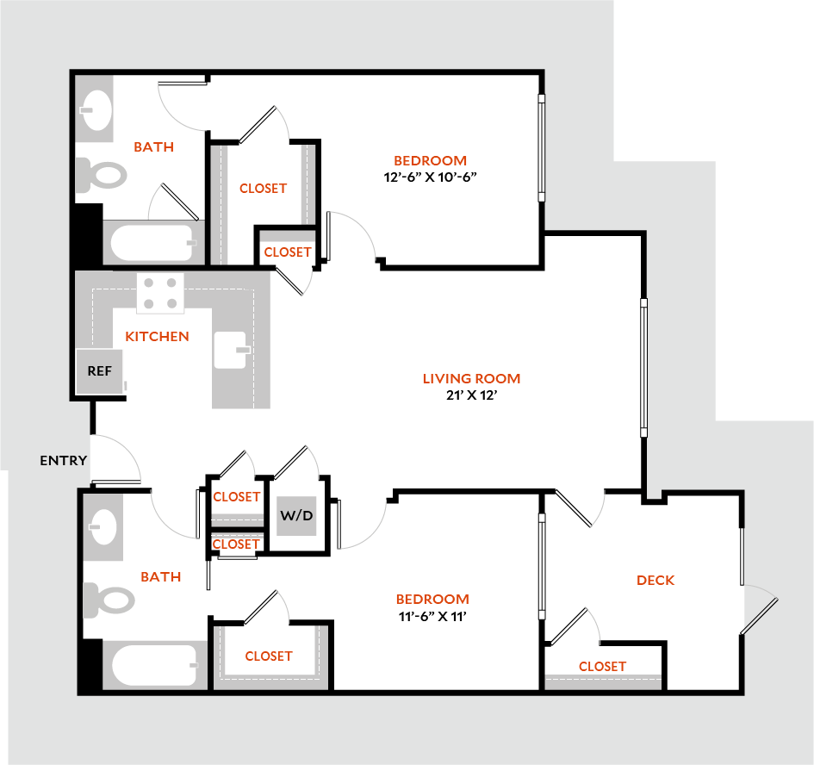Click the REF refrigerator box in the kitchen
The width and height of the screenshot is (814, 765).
[x=100, y=372]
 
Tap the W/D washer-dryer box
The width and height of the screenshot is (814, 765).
[x=296, y=517]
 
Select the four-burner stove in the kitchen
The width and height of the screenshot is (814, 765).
[x=161, y=292]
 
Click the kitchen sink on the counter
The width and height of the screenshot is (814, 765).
[x=231, y=350]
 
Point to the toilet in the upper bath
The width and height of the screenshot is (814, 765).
[x=102, y=176]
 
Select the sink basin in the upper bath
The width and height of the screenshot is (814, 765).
[x=96, y=109]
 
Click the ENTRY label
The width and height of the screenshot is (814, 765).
[x=63, y=461]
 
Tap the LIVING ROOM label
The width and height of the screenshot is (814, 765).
[x=471, y=378]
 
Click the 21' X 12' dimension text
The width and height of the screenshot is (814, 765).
[x=471, y=395]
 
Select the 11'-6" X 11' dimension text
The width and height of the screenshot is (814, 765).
[x=432, y=616]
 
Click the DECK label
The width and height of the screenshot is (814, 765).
[x=656, y=580]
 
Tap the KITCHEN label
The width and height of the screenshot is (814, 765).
[x=157, y=336]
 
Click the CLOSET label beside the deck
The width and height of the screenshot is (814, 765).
[x=602, y=666]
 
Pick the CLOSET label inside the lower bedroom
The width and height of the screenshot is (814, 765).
[x=269, y=656]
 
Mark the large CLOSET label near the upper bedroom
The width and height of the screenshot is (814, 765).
[x=263, y=188]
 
